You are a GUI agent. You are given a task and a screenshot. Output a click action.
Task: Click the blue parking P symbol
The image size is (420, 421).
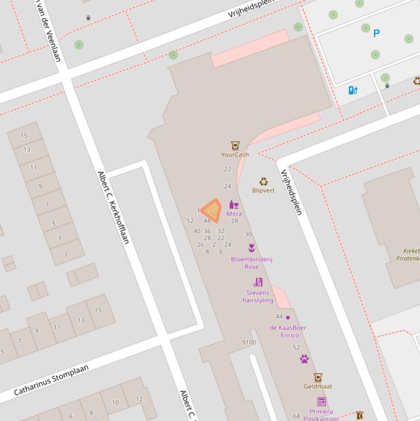coord(376,33)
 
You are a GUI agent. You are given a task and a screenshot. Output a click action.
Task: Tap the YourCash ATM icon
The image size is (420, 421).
coord(235,145)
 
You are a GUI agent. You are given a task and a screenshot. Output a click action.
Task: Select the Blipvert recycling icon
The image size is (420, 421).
coord(263,182)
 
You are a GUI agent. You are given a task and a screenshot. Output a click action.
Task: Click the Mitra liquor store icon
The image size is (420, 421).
coord(234,205)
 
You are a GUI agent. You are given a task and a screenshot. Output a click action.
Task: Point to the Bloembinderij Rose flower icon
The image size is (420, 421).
coord(251,248)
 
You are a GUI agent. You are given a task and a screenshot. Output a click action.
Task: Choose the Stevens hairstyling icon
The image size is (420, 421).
coord(258,282)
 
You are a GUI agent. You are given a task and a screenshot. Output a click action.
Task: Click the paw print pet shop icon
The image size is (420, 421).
coord(304,359)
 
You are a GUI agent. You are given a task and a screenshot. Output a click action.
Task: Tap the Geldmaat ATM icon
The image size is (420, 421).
coord(318,377)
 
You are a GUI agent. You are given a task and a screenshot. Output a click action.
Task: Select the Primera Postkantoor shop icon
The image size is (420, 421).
coord(321,402)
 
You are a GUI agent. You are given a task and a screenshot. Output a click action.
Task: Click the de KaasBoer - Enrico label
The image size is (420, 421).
coord(288,331)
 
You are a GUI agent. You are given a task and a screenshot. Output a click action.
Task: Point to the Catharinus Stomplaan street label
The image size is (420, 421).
coord(51,381)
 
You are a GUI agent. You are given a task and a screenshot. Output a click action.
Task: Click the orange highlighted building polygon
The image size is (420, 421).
coord(212,211)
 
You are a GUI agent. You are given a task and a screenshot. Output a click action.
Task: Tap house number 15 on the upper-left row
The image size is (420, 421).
coord(24,136)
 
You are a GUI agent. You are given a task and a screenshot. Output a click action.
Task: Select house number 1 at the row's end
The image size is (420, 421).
coord(66,254)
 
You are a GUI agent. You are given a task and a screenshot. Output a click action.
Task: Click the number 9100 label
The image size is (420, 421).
coord(249,342)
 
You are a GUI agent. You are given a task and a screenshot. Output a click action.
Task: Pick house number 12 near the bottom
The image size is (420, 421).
coord(139,399)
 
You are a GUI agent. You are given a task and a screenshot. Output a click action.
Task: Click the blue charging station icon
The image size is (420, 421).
coord(353,90)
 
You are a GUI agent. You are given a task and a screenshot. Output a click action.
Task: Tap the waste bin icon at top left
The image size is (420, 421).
coord(88,18)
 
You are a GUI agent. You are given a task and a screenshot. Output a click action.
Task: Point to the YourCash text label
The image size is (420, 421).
coord(235,155)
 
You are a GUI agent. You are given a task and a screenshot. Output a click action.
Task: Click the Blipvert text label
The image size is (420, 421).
coord(263,191)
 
